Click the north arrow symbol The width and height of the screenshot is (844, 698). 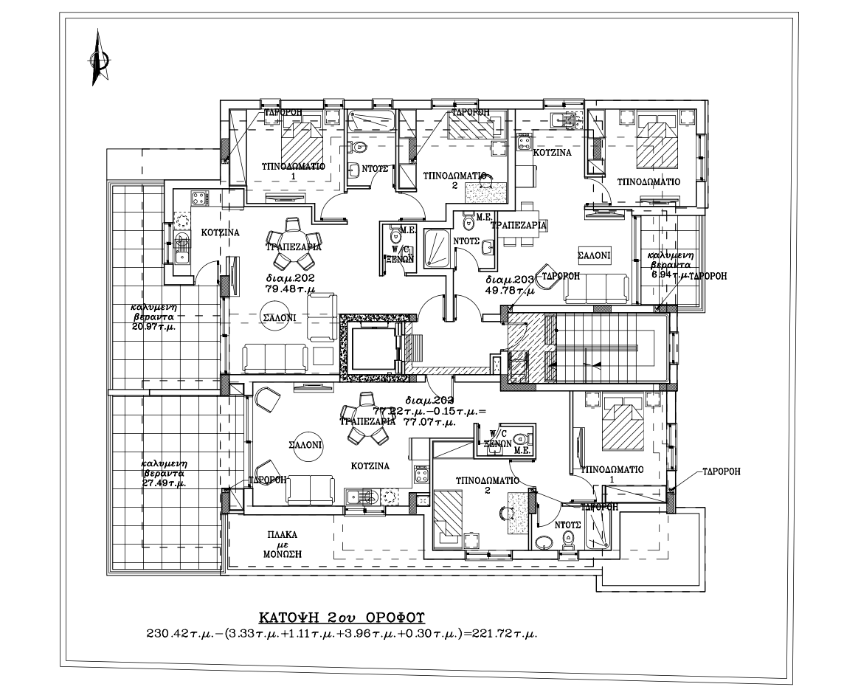[x=96, y=58]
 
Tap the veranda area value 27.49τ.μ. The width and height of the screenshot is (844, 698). [x=163, y=483]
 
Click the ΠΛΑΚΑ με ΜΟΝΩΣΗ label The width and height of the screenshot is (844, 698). [x=283, y=544]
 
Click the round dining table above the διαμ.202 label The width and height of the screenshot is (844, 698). [x=292, y=234]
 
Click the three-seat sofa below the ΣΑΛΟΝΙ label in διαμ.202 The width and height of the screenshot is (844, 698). [x=276, y=358]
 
